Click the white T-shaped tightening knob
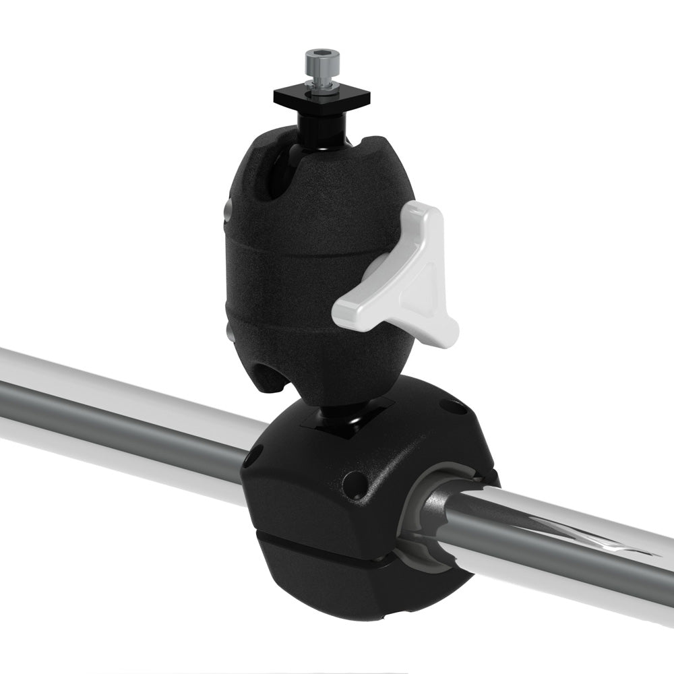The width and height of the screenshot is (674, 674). (404, 283)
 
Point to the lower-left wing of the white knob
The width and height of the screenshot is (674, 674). (350, 310)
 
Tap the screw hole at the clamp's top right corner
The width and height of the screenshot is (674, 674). (448, 406)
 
